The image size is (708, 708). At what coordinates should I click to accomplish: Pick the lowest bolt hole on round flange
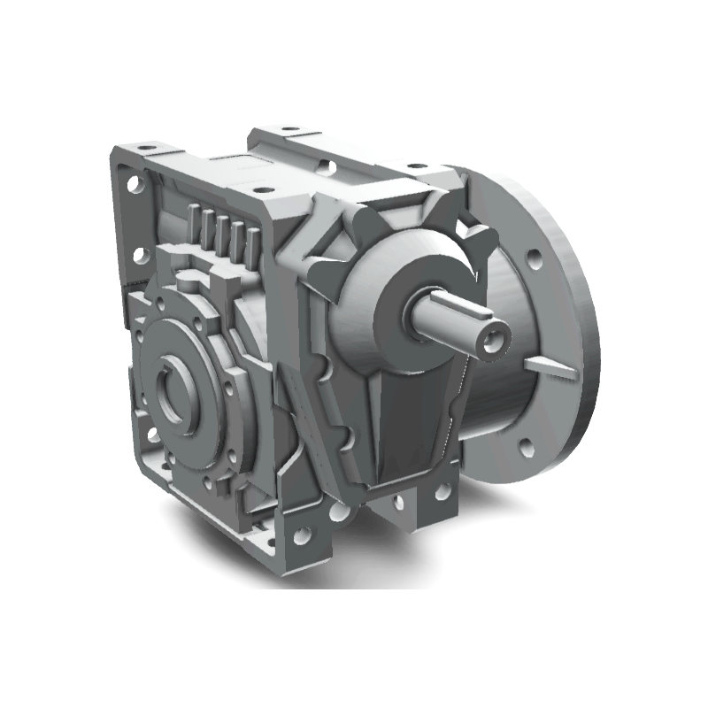pyautogui.click(x=525, y=447)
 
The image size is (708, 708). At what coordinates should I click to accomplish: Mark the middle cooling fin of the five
pyautogui.click(x=225, y=233)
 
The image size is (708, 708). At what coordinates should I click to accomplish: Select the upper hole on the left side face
pyautogui.click(x=136, y=187)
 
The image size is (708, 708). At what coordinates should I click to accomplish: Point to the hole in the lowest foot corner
pyautogui.click(x=303, y=535)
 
